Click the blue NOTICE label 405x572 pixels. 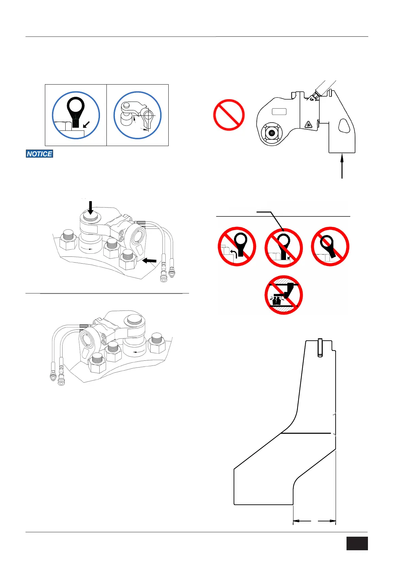coord(39,154)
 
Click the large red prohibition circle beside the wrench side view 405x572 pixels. coord(229,115)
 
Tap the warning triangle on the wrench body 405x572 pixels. coord(309,124)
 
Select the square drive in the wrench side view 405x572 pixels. coord(271,133)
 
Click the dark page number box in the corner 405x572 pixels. coord(357,543)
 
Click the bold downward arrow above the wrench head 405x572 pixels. coord(90,208)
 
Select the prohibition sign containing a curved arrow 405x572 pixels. coord(237,246)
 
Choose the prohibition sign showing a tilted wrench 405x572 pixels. coord(330,246)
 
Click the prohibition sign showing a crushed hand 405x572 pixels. coord(284,295)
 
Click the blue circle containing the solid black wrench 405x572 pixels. coord(76,115)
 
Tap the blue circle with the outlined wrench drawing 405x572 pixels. coord(137,115)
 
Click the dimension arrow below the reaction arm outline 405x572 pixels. coord(314,521)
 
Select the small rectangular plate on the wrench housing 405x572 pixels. coord(279,111)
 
